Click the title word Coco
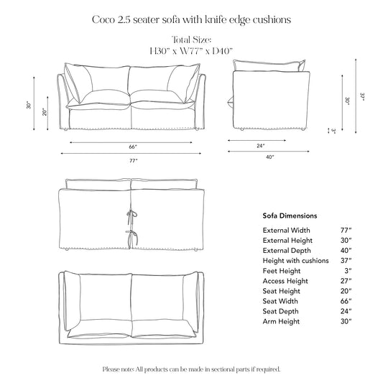[106, 20]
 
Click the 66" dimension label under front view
[133, 147]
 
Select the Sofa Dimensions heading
[290, 216]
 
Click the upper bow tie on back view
[130, 213]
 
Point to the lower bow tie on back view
[130, 236]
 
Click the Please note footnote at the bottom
[191, 369]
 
